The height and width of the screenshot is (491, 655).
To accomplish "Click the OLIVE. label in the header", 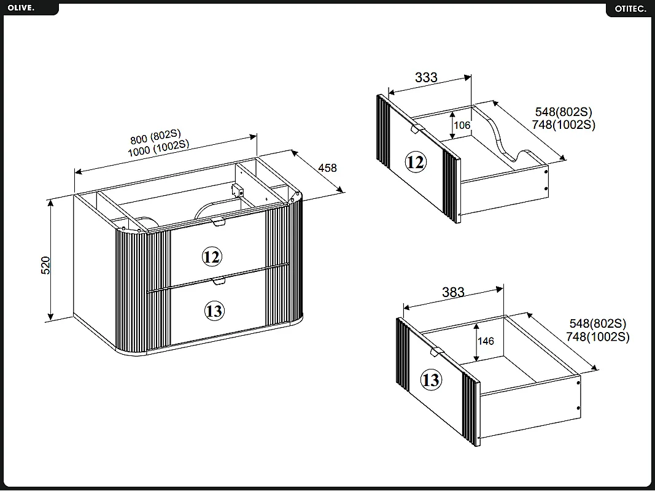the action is click(x=21, y=8).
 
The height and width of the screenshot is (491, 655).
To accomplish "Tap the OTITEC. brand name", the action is click(x=630, y=9).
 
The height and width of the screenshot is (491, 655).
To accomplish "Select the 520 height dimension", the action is click(x=45, y=265).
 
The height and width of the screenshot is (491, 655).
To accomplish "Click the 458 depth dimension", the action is click(x=327, y=168).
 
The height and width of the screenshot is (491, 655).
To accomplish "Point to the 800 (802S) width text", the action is click(x=155, y=136).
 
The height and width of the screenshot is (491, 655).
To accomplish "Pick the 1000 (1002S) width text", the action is click(x=158, y=148).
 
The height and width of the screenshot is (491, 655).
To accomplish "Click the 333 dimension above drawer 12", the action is click(x=426, y=77).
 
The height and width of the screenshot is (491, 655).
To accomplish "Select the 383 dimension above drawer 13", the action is click(x=453, y=292).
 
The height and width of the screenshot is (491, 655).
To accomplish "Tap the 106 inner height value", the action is click(x=462, y=125).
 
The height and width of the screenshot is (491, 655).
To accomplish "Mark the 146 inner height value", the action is click(x=486, y=341).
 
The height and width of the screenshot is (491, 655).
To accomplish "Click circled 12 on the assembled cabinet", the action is click(x=212, y=257).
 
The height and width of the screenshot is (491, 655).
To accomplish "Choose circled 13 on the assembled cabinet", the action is click(x=214, y=311).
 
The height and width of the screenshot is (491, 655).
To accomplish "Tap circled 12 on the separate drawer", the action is click(x=415, y=161).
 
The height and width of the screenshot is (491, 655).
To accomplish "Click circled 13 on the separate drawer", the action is click(x=431, y=380).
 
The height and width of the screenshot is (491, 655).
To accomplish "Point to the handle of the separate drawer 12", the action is click(x=414, y=129).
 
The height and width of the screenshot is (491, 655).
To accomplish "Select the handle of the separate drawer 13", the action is click(x=436, y=352).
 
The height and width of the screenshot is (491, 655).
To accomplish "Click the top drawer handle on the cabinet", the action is click(x=219, y=222).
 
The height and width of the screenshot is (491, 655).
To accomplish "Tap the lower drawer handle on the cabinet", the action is click(x=219, y=280).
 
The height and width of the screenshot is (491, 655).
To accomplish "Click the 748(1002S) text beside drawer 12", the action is click(x=564, y=125).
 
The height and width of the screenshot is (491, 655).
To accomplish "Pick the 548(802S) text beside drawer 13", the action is click(x=598, y=323).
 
